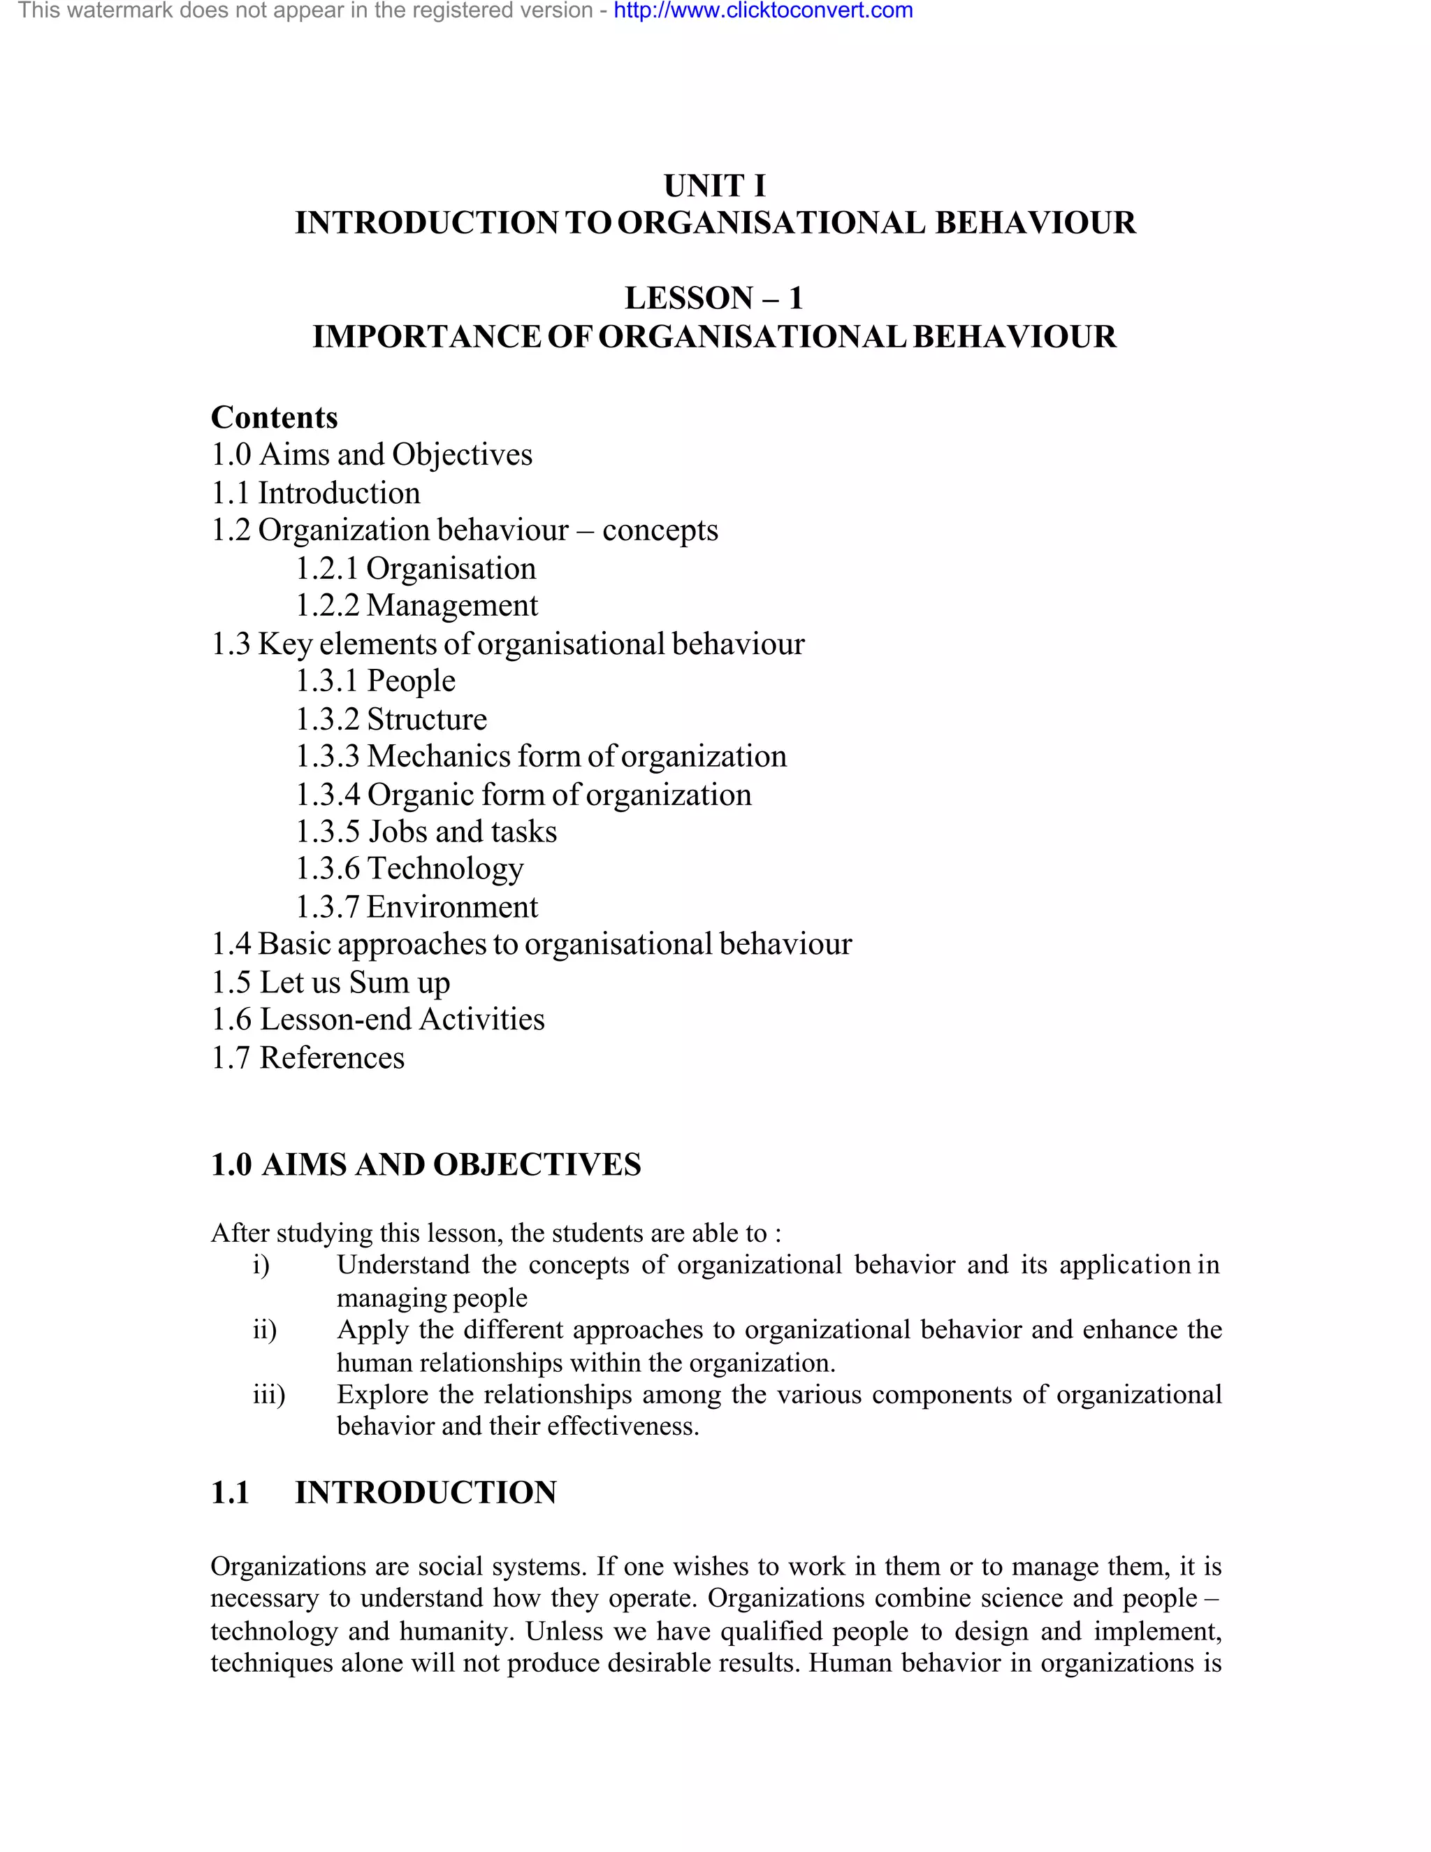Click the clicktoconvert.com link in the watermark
pyautogui.click(x=763, y=11)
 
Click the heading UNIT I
pyautogui.click(x=714, y=186)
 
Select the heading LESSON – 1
pyautogui.click(x=714, y=298)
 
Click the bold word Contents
pyautogui.click(x=274, y=417)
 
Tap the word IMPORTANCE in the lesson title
pyautogui.click(x=426, y=337)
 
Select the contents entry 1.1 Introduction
pyautogui.click(x=315, y=493)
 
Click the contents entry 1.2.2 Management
pyautogui.click(x=416, y=605)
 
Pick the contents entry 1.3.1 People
pyautogui.click(x=375, y=681)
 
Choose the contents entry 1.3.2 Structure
pyautogui.click(x=391, y=719)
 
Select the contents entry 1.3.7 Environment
pyautogui.click(x=416, y=907)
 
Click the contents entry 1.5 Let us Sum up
pyautogui.click(x=330, y=983)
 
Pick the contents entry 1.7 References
pyautogui.click(x=307, y=1058)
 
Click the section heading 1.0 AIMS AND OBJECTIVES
pyautogui.click(x=426, y=1165)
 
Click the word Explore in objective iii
pyautogui.click(x=382, y=1394)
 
